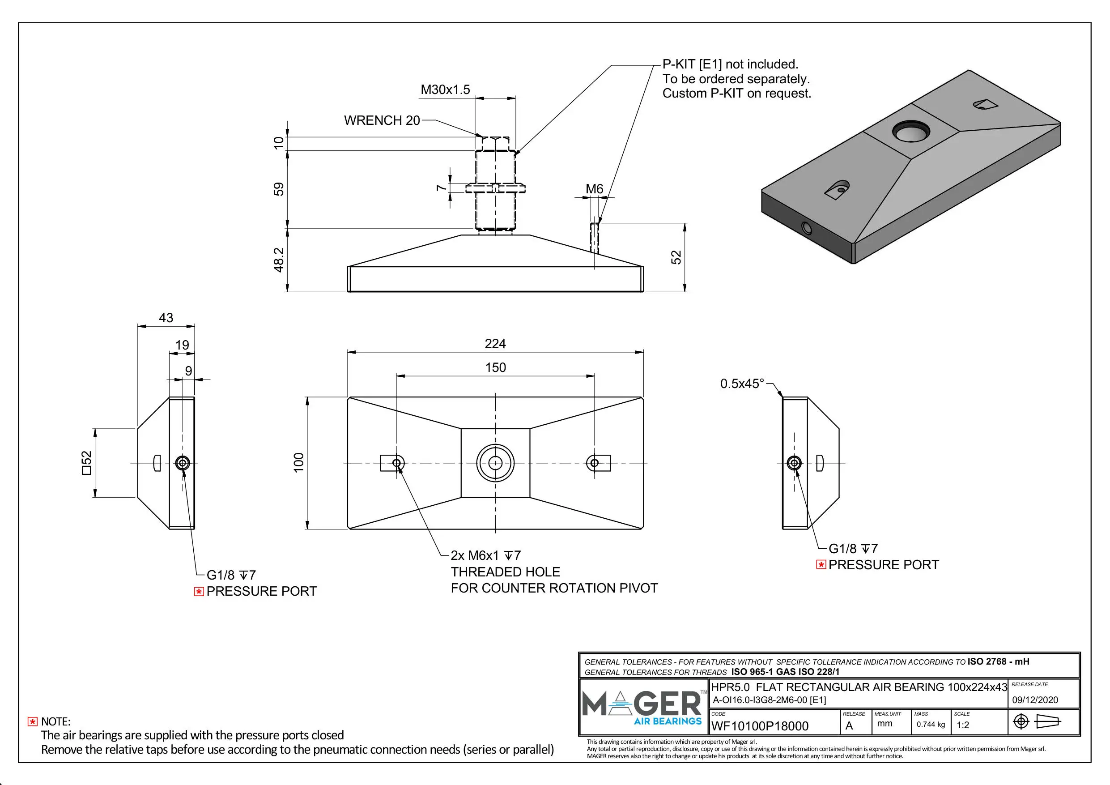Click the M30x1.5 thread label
[x=445, y=90]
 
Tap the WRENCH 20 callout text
[x=382, y=120]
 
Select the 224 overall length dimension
[x=495, y=343]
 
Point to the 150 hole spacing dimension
[x=495, y=367]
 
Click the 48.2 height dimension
[x=279, y=260]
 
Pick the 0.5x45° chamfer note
[x=742, y=384]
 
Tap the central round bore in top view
[x=495, y=463]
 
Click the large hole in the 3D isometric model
[x=911, y=132]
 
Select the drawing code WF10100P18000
[x=760, y=726]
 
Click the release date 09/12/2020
[x=1035, y=700]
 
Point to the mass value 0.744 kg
[x=931, y=724]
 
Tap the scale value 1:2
[x=963, y=725]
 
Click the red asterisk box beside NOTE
[x=32, y=721]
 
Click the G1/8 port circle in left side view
[x=182, y=463]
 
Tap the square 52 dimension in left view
[x=86, y=462]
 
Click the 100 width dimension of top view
[x=299, y=462]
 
